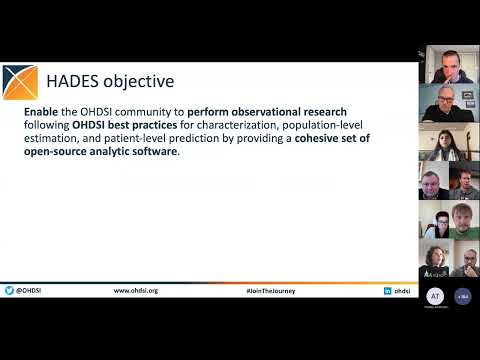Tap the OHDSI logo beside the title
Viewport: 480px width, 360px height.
tap(21, 80)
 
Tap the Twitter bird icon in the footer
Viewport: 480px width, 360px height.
tap(8, 290)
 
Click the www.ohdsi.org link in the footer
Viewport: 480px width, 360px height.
tap(136, 290)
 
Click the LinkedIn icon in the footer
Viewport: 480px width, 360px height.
tap(387, 290)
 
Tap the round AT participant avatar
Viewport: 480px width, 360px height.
tap(434, 296)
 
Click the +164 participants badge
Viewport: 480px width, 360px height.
tap(463, 296)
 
